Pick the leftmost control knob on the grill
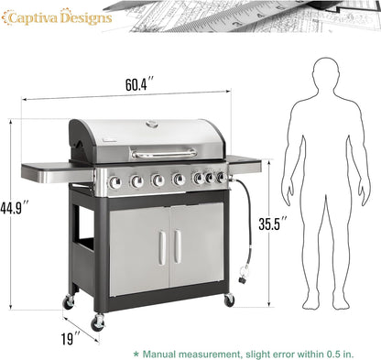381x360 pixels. (116, 181)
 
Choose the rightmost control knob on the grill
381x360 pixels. (220, 177)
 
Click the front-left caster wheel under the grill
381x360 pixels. (97, 322)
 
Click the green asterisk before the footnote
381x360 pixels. (137, 351)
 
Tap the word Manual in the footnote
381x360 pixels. (169, 351)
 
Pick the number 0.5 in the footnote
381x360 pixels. (339, 351)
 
